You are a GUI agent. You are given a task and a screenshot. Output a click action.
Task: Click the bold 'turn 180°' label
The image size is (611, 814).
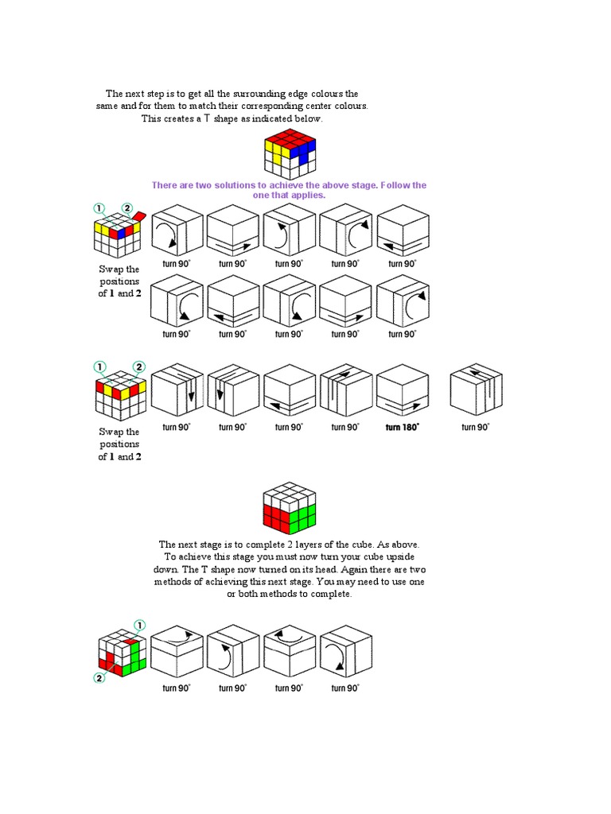point(402,427)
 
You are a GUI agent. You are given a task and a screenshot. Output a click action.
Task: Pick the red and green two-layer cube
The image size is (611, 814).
point(290,506)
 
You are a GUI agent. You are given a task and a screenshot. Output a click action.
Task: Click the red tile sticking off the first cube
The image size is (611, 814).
point(138,216)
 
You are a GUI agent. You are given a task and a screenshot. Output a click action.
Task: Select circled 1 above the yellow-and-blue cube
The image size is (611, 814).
point(99,208)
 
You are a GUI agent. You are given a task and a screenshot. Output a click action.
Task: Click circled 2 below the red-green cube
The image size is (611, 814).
point(99,677)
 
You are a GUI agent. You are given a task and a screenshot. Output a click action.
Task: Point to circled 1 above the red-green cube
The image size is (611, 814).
point(140,624)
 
